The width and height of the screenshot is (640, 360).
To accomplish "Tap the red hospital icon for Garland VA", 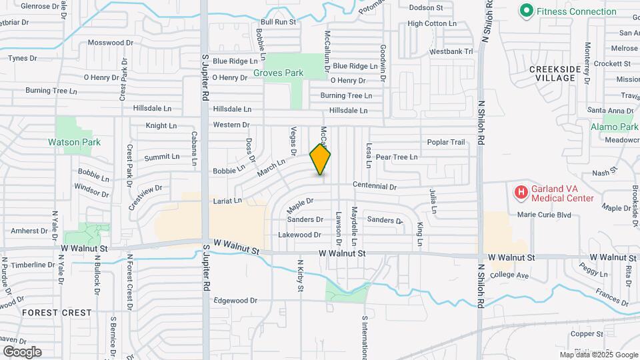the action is coord(520,193).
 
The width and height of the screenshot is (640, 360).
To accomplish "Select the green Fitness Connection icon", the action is coord(527,11).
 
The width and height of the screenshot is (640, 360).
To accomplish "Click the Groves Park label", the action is coord(278,73).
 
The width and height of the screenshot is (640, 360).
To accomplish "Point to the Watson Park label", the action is coord(73,142).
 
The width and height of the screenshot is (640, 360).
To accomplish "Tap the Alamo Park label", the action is coord(614,127).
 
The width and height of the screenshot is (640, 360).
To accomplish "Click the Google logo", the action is coord(22,351).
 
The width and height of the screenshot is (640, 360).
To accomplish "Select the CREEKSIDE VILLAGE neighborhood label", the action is coord(552,73).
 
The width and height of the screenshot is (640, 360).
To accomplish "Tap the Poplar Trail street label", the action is coord(446,142).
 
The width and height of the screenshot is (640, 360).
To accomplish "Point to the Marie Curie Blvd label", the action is coord(545,215).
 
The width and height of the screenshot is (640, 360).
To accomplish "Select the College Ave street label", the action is coord(509,275).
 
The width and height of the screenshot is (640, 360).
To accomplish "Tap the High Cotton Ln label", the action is coord(432,23).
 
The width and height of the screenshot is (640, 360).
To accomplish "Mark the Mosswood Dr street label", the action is coord(111,43).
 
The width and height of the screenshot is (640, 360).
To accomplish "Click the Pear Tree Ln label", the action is coord(397,157).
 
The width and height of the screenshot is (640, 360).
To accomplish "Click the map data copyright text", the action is coord(599,355).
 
